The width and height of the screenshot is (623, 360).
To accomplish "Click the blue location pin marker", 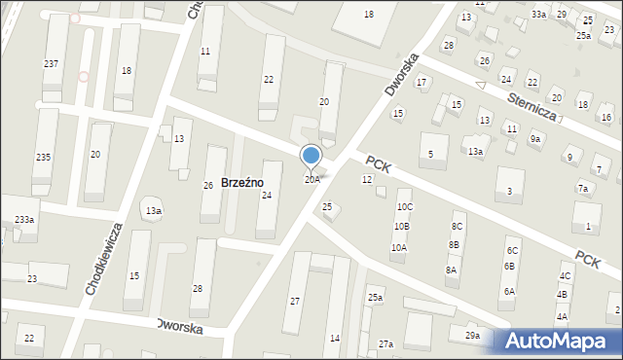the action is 311,157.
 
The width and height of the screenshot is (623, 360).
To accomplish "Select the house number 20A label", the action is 311,180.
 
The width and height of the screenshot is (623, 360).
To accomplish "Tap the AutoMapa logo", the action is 559,341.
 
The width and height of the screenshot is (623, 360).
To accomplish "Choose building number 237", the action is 51,63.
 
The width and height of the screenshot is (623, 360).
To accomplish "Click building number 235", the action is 43,157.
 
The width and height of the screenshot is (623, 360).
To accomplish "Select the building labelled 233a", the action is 24,220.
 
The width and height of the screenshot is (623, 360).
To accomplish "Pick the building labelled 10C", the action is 404,207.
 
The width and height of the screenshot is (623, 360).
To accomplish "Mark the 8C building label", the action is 457,227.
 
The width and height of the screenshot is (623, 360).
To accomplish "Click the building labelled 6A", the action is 509,292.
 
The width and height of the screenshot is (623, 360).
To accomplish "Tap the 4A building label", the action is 562,317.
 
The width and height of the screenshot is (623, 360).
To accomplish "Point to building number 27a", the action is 386,343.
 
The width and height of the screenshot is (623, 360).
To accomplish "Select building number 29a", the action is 472,336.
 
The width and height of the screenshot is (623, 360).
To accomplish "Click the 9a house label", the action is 535,139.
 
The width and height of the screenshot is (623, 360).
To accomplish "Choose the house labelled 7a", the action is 583,189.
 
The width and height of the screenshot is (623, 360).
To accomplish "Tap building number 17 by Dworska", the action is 421,82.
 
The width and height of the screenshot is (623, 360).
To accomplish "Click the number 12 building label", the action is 367,180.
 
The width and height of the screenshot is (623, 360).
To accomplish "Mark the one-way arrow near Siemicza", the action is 480,87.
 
